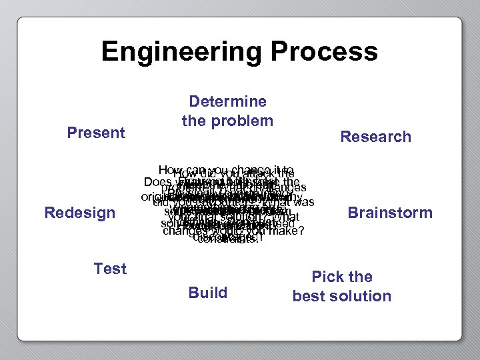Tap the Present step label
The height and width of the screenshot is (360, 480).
click(96, 133)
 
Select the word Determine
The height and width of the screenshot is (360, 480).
click(227, 102)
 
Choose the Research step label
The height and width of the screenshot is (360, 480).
click(375, 137)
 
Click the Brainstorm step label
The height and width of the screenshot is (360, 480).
click(390, 213)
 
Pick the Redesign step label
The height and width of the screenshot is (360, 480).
click(80, 213)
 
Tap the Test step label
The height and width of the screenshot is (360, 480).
click(110, 269)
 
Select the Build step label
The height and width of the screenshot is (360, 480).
click(208, 293)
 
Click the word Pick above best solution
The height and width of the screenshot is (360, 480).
click(342, 277)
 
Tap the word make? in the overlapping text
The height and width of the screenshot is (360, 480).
click(288, 231)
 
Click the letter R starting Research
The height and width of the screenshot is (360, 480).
click(345, 137)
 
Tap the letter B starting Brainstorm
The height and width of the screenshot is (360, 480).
click(353, 213)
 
